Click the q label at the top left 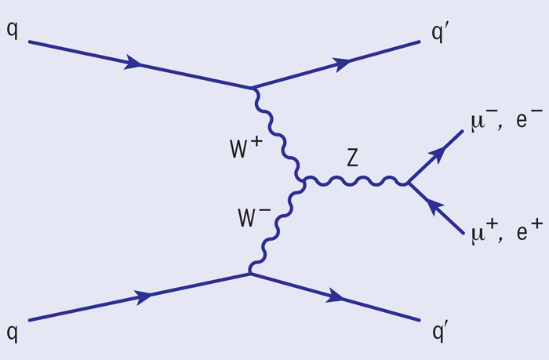pyautogui.click(x=12, y=30)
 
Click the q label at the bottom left pyautogui.click(x=12, y=333)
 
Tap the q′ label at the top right pyautogui.click(x=440, y=33)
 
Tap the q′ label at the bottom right pyautogui.click(x=441, y=332)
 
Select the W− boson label pyautogui.click(x=254, y=216)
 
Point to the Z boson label pyautogui.click(x=353, y=157)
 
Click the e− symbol pyautogui.click(x=529, y=118)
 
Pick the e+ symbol pyautogui.click(x=529, y=230)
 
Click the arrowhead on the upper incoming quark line pyautogui.click(x=133, y=62)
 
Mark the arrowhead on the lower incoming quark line pyautogui.click(x=144, y=297)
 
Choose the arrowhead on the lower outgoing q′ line pyautogui.click(x=335, y=296)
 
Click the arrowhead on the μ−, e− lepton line pyautogui.click(x=438, y=154)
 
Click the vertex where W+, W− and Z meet pyautogui.click(x=304, y=182)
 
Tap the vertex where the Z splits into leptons pyautogui.click(x=408, y=183)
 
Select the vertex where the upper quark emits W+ pyautogui.click(x=252, y=88)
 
